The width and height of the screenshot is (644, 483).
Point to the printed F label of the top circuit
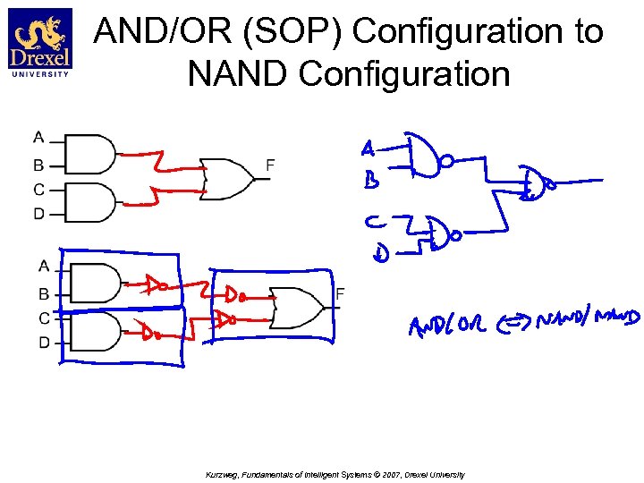point(270,165)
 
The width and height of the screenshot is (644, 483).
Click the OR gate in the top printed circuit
point(227,178)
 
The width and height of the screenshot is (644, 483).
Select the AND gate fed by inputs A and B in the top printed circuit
point(91,154)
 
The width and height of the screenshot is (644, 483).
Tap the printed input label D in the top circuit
point(38,214)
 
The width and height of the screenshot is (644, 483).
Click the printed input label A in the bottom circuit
point(44,266)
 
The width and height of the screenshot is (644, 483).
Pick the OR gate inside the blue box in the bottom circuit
point(297,308)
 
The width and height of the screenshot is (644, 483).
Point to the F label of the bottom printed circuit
point(340,294)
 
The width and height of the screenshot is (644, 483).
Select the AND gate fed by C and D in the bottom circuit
point(95,331)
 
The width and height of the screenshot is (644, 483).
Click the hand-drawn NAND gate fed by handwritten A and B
point(428,158)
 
